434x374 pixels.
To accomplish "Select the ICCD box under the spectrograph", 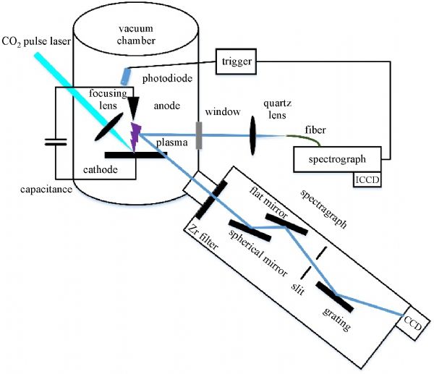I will click(368, 178).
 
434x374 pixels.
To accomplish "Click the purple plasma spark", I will click(135, 133).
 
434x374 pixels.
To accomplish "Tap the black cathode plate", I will click(132, 154).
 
